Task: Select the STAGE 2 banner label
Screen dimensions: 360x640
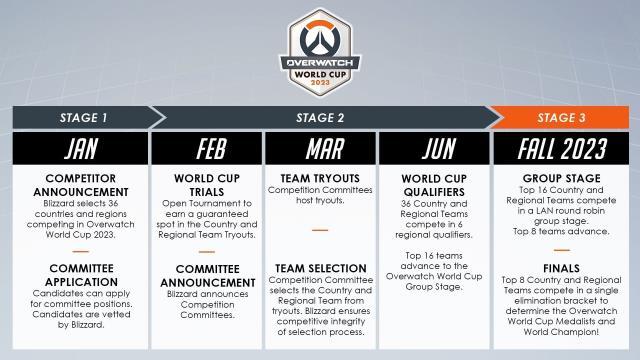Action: pyautogui.click(x=320, y=117)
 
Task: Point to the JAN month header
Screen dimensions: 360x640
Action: pyautogui.click(x=80, y=149)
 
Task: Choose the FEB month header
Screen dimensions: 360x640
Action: pyautogui.click(x=205, y=149)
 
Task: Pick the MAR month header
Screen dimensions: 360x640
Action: pyautogui.click(x=320, y=149)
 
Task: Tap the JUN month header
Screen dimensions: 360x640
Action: pyautogui.click(x=434, y=149)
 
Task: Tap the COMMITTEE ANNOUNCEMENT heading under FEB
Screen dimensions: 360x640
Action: pyautogui.click(x=205, y=275)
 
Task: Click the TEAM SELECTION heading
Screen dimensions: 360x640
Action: pyautogui.click(x=320, y=269)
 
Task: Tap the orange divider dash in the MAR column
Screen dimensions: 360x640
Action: pyautogui.click(x=320, y=229)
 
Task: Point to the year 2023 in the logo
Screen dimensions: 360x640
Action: pyautogui.click(x=321, y=82)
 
